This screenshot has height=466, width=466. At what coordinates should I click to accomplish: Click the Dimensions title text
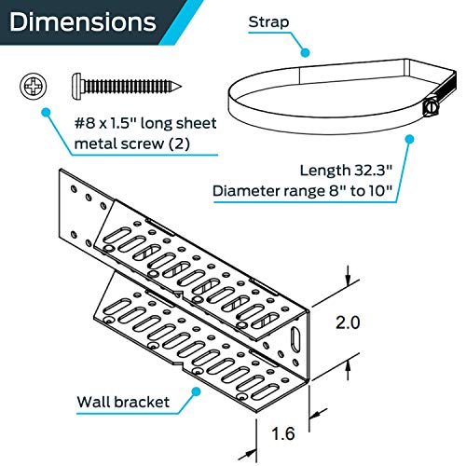pos(83,21)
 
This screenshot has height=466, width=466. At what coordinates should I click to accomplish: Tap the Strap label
pos(268,22)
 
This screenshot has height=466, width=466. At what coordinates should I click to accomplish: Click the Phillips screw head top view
pos(33,86)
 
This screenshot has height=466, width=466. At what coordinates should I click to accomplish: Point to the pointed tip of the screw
pos(181,87)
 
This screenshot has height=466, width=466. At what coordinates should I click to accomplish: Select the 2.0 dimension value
pos(348,322)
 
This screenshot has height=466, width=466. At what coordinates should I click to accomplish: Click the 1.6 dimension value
pos(283,433)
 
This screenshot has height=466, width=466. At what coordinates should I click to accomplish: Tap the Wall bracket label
pos(123,402)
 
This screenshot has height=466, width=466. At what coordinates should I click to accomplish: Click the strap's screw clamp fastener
pos(431,106)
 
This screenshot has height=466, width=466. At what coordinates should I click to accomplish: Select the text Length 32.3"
pos(346,171)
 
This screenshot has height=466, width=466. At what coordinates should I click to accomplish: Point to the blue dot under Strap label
pos(306,53)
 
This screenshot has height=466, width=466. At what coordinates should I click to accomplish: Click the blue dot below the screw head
pos(46,112)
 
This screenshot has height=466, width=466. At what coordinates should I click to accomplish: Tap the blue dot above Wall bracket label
pos(196,391)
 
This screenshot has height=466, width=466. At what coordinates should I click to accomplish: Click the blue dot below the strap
pos(410,139)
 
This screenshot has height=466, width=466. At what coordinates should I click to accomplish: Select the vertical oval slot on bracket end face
pos(295,340)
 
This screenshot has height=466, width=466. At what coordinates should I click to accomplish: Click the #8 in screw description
pos(85,123)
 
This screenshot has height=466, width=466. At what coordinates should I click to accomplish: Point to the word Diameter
pos(246,190)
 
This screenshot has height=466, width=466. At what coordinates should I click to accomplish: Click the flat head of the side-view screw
pos(76,87)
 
